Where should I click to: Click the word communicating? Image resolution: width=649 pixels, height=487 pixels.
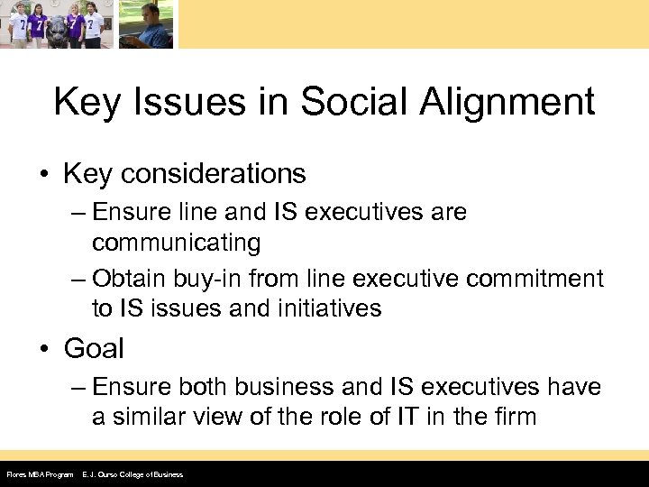(176, 243)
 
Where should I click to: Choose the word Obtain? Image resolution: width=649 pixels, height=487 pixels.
(132, 280)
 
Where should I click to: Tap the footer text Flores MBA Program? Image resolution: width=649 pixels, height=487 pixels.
(39, 474)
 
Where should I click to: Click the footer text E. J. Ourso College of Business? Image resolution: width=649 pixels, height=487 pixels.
(133, 474)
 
